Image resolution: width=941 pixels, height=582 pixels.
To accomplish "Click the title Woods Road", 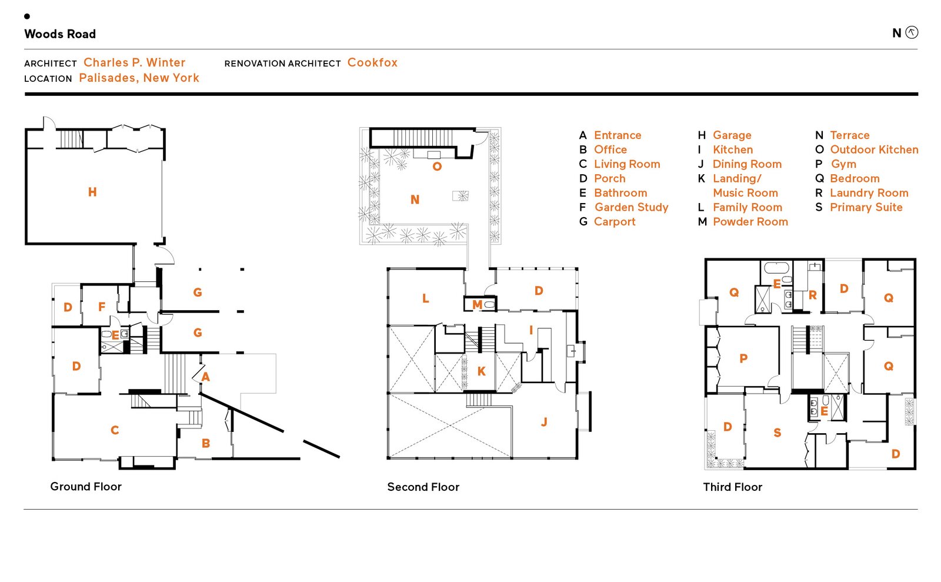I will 60,34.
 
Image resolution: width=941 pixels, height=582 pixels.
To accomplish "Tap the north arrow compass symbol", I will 912,32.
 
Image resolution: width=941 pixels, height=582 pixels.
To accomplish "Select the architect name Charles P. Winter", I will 134,62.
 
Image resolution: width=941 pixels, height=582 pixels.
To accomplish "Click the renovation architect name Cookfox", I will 372,62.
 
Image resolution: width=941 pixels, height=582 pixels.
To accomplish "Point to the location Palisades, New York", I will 139,78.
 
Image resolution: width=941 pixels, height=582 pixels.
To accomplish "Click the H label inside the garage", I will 92,192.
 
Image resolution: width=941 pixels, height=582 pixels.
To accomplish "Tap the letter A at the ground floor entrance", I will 205,377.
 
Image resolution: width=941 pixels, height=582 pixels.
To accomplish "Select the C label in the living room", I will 115,430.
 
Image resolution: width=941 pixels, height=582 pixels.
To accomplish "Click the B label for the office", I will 206,443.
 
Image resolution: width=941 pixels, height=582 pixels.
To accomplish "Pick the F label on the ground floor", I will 102,307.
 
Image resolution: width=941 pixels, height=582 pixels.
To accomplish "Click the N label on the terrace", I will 415,199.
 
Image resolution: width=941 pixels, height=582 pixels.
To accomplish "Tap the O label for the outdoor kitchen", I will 437,167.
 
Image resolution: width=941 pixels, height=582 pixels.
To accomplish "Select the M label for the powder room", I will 477,304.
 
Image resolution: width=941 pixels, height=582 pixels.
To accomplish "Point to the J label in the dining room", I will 544,421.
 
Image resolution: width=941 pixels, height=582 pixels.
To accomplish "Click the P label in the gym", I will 743,358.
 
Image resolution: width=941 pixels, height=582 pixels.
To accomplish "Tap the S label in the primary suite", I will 777,433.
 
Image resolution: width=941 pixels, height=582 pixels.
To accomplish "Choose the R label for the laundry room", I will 812,295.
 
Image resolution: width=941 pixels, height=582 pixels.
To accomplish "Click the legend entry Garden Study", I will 631,207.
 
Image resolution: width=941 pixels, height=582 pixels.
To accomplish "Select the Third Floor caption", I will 732,487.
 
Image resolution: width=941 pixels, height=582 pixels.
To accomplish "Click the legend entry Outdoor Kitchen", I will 874,149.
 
